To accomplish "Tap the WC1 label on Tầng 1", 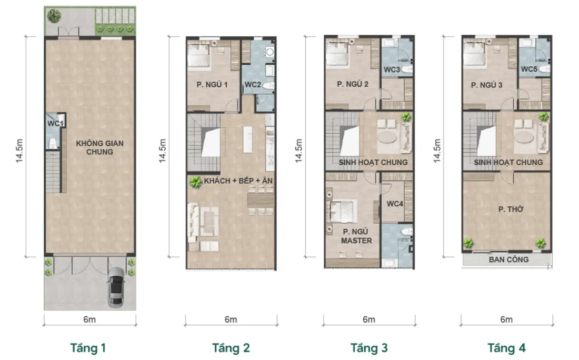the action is click(55, 123).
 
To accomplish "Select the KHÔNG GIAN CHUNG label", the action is click(99, 147).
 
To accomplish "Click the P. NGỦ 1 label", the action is click(212, 85).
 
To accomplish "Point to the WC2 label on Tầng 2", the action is click(253, 85).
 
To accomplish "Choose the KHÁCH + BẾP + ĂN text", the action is click(238, 181).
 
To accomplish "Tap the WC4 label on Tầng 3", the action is click(395, 204).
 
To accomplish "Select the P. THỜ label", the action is click(511, 209).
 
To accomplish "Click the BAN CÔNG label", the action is click(508, 259).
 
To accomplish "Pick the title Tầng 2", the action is click(231, 348).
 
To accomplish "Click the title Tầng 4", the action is click(506, 348).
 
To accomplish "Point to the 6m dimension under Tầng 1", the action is click(89, 319).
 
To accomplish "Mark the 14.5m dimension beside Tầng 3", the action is click(299, 151).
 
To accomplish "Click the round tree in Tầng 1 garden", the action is click(54, 15).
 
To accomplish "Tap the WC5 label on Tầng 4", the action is click(529, 69).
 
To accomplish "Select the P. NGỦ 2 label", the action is click(353, 84).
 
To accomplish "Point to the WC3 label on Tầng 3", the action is click(392, 69).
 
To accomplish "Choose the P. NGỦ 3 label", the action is click(487, 85).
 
